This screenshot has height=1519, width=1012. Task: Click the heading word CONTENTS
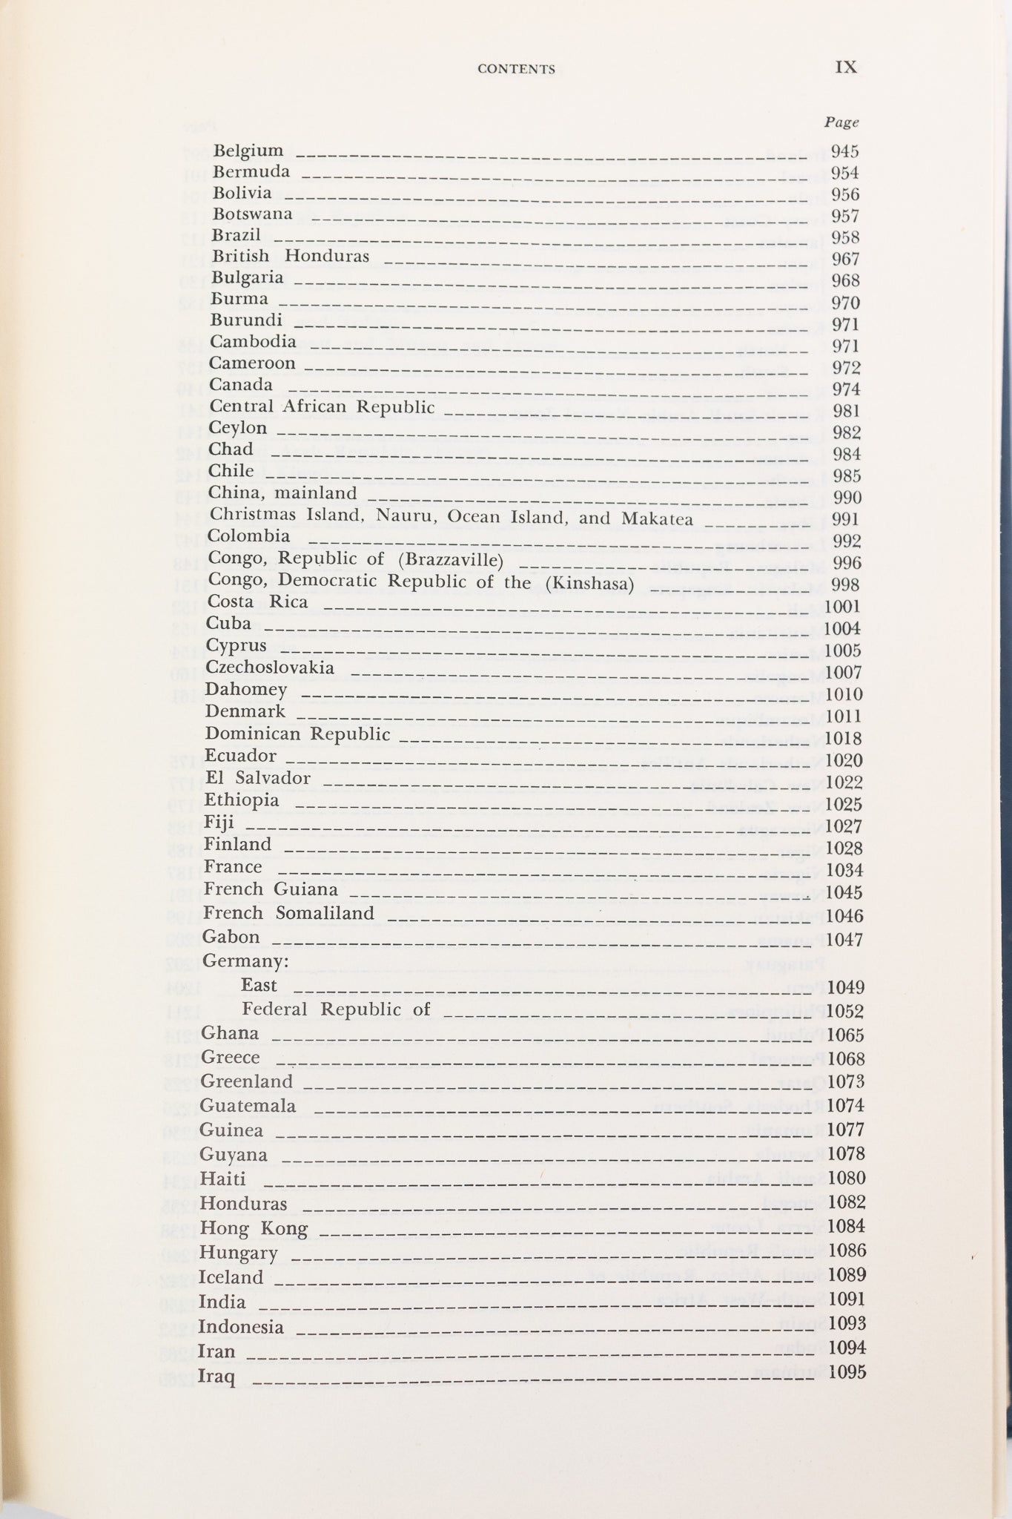pyautogui.click(x=516, y=69)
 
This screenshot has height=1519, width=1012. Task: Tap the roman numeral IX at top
pyautogui.click(x=846, y=67)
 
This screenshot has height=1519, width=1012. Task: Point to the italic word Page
pyautogui.click(x=841, y=122)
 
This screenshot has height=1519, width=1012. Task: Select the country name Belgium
pyautogui.click(x=248, y=151)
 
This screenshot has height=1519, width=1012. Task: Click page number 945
pyautogui.click(x=845, y=152)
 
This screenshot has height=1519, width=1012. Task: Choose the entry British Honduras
pyautogui.click(x=291, y=257)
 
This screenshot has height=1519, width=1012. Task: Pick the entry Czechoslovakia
pyautogui.click(x=271, y=668)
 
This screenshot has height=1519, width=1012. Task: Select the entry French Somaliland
pyautogui.click(x=289, y=913)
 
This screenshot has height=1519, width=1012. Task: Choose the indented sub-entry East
pyautogui.click(x=259, y=986)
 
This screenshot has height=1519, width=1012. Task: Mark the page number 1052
pyautogui.click(x=845, y=1012)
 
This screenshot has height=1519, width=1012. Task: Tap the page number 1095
pyautogui.click(x=847, y=1371)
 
